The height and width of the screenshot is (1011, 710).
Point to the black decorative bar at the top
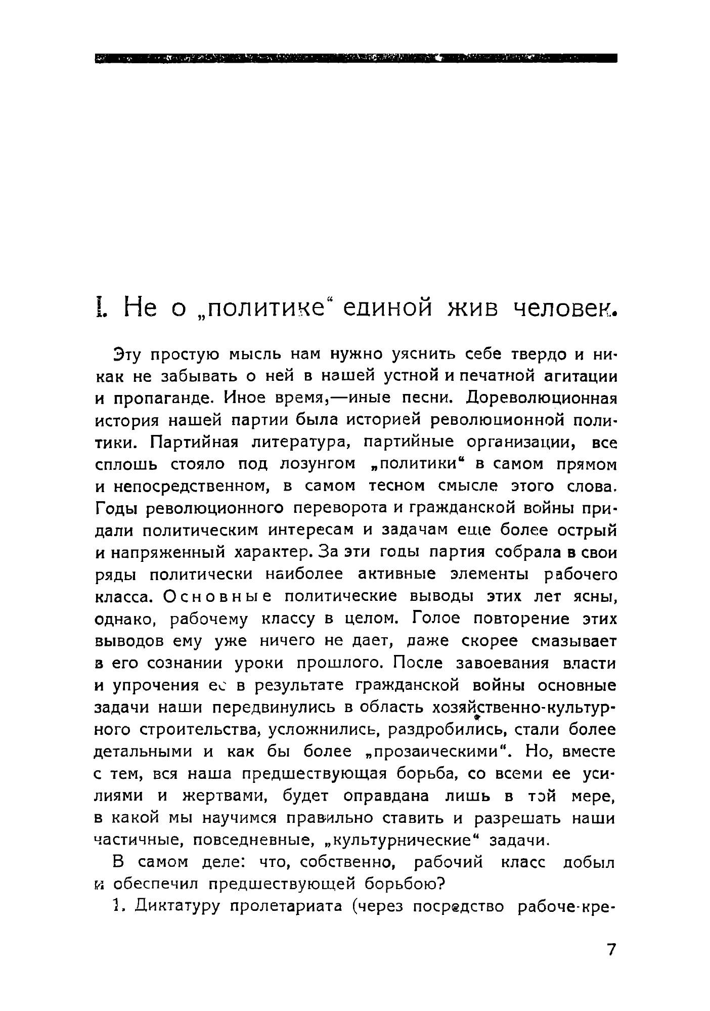pyautogui.click(x=355, y=58)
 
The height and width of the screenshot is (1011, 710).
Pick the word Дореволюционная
pyautogui.click(x=542, y=398)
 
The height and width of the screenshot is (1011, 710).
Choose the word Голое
pyautogui.click(x=434, y=619)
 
